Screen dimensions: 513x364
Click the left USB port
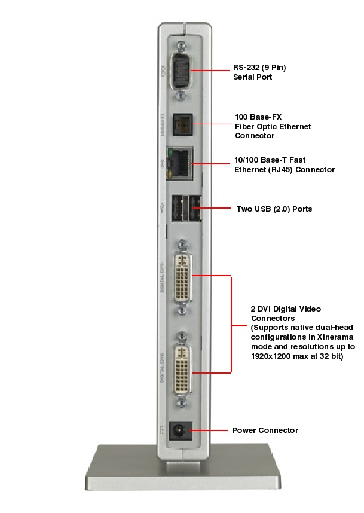pyautogui.click(x=178, y=209)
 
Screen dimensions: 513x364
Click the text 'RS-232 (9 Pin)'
pyautogui.click(x=259, y=68)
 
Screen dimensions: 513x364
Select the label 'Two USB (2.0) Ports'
pyautogui.click(x=274, y=209)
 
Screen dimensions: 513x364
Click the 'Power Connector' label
pyautogui.click(x=265, y=430)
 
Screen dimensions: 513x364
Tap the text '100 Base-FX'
pyautogui.click(x=257, y=117)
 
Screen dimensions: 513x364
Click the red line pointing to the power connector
pyautogui.click(x=209, y=430)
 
